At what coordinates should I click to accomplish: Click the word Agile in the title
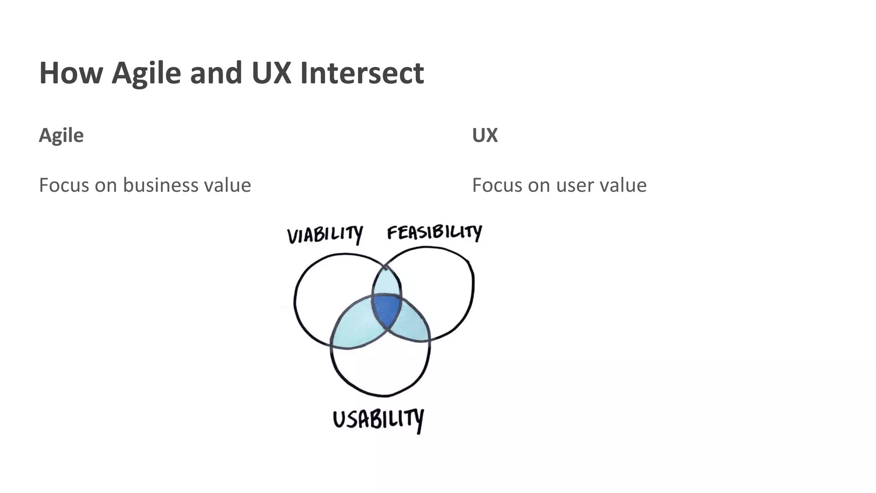(146, 73)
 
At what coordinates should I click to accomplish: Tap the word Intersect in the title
(362, 73)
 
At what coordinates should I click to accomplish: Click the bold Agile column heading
(61, 135)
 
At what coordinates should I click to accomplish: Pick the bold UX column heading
(485, 135)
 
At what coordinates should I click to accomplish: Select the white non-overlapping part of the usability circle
(381, 368)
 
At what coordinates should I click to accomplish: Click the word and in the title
(216, 73)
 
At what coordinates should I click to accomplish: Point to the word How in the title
(71, 73)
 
